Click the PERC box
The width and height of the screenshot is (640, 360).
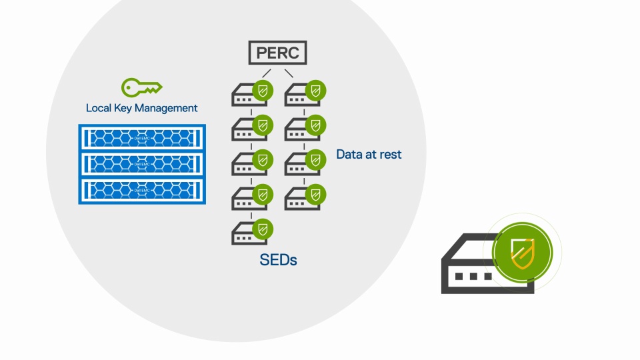pyautogui.click(x=278, y=53)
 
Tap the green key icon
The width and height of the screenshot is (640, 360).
pyautogui.click(x=141, y=87)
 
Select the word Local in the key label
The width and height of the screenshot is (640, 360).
pyautogui.click(x=98, y=108)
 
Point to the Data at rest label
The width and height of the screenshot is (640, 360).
pyautogui.click(x=369, y=155)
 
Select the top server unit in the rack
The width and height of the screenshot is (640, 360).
pyautogui.click(x=142, y=138)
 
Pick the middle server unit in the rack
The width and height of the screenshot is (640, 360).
pyautogui.click(x=142, y=163)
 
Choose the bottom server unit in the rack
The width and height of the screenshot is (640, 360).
pyautogui.click(x=142, y=189)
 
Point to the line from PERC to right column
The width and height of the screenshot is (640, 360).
pyautogui.click(x=290, y=73)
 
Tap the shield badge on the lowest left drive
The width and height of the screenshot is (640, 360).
pyautogui.click(x=263, y=229)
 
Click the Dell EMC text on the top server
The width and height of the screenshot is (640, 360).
pyautogui.click(x=142, y=138)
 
